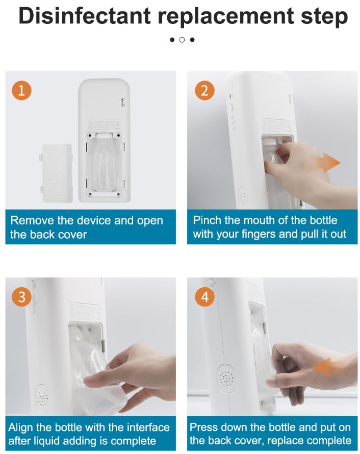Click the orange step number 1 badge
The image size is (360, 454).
tap(22, 90)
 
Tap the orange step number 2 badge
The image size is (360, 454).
tap(204, 90)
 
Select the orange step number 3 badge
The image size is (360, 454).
tap(22, 297)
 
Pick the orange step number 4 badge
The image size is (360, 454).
tap(204, 297)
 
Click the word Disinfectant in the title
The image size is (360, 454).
tap(85, 16)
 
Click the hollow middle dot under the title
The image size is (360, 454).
tap(182, 40)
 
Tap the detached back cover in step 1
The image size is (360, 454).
tap(57, 173)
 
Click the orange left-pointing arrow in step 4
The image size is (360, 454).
tap(325, 367)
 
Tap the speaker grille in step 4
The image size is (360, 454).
tap(226, 378)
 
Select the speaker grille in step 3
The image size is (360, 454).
tap(42, 399)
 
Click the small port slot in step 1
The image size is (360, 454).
tap(123, 102)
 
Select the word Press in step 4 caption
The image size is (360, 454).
tap(204, 427)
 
